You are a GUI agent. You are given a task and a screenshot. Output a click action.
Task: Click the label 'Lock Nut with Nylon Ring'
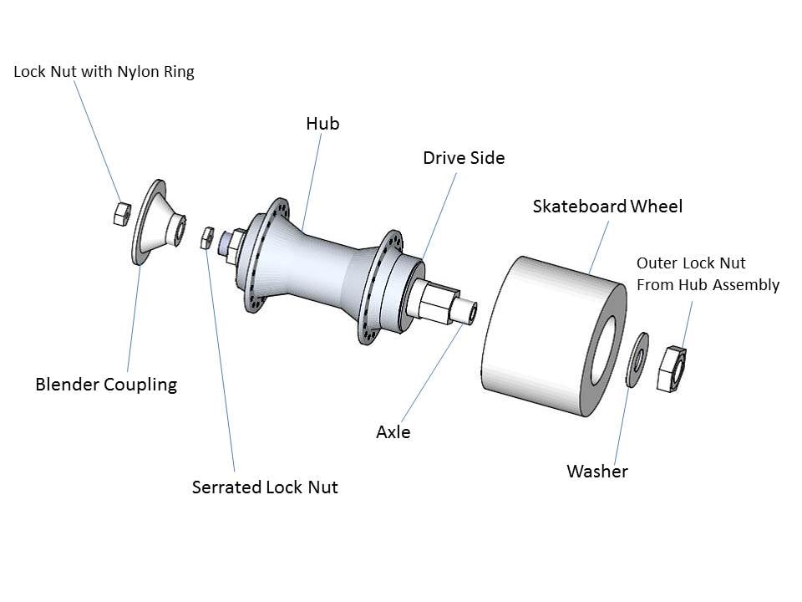click(x=104, y=72)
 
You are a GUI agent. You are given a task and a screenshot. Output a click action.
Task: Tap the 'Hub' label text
click(x=322, y=124)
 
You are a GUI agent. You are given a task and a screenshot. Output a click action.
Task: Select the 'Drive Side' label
click(x=463, y=157)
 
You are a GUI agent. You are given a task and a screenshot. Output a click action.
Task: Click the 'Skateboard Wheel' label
click(x=607, y=206)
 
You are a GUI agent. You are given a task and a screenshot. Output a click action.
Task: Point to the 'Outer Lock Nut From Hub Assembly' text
click(x=708, y=274)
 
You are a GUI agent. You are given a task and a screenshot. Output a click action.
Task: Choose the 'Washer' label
click(x=596, y=471)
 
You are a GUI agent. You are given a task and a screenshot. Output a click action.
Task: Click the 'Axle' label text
click(x=393, y=432)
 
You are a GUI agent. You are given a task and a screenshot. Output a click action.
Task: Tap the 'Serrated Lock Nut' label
click(x=265, y=487)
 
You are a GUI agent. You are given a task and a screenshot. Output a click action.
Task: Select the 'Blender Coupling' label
click(x=106, y=385)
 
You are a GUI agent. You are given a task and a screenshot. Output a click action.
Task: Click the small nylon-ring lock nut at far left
click(x=120, y=213)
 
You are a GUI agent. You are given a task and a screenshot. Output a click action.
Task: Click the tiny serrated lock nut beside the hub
click(x=207, y=238)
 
